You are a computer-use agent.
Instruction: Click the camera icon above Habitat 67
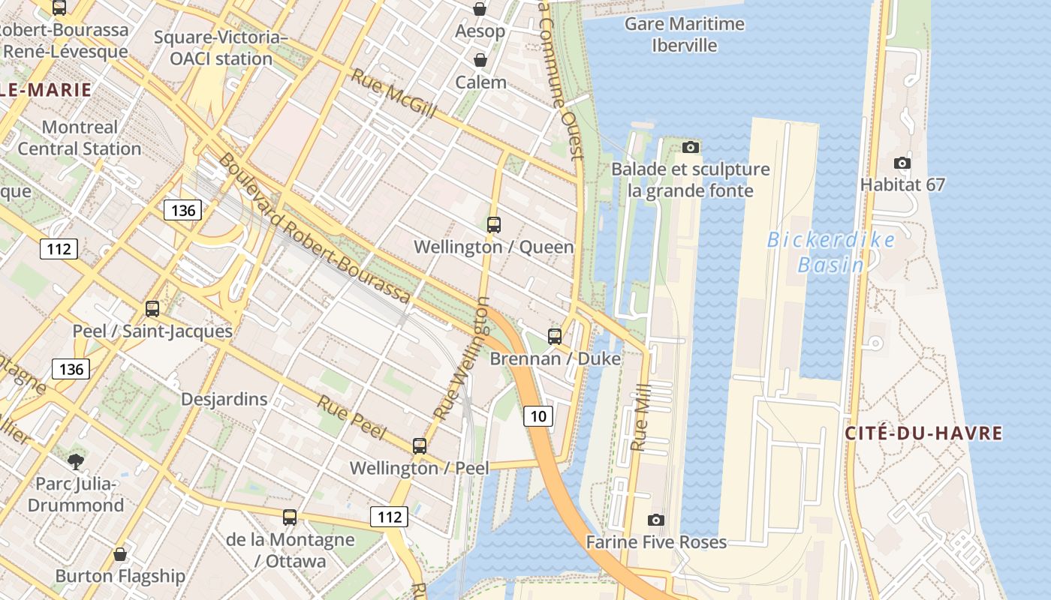[902, 163]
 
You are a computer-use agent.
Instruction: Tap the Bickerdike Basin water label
[831, 252]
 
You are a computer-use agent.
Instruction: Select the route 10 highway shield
[539, 416]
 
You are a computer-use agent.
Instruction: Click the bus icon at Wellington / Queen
[494, 224]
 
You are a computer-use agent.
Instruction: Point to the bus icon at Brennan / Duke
[555, 336]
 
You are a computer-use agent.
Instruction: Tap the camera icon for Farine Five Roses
[655, 520]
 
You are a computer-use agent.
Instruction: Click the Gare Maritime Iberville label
[685, 34]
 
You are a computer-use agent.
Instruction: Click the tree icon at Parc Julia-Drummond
[76, 460]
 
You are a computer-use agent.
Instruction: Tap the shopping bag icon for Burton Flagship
[120, 554]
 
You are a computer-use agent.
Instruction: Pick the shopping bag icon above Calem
[480, 60]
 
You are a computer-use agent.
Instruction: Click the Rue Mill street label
[640, 424]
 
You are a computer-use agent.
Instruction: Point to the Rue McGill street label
[393, 94]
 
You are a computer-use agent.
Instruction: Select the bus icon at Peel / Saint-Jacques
[152, 308]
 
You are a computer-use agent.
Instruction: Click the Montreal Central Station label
[80, 138]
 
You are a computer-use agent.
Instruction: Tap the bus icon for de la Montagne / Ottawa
[290, 517]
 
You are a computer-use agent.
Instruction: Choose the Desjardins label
[224, 399]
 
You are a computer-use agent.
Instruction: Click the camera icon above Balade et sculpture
[691, 147]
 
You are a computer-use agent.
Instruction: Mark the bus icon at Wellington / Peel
[420, 445]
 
